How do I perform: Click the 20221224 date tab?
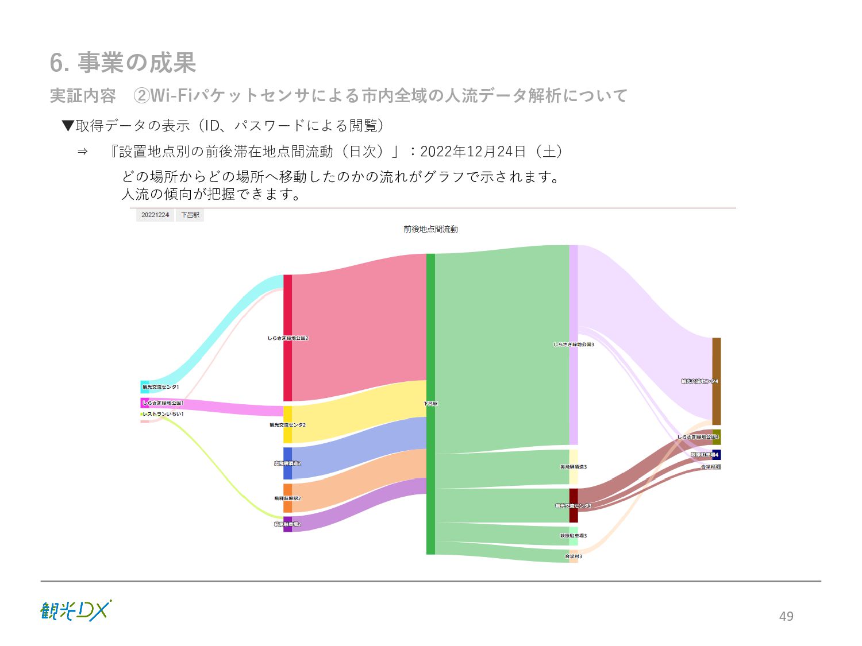[x=155, y=215]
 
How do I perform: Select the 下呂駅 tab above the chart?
[x=190, y=215]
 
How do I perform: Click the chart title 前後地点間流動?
[x=430, y=229]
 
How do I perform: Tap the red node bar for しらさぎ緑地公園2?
[x=287, y=338]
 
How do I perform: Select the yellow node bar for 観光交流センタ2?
[x=287, y=424]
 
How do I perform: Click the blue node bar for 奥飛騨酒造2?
[x=287, y=463]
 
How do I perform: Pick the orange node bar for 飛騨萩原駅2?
[x=287, y=498]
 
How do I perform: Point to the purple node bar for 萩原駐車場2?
[x=287, y=524]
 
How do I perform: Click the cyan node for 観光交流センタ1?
[x=145, y=386]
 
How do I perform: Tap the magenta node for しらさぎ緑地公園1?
[x=145, y=403]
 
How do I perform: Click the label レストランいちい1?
[x=163, y=414]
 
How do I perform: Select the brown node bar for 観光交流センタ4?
[x=716, y=381]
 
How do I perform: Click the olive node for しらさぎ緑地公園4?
[x=716, y=437]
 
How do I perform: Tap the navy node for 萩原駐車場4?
[x=716, y=454]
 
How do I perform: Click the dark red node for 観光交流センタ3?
[x=574, y=505]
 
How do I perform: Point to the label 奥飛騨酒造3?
[x=573, y=467]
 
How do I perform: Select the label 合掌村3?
[x=573, y=556]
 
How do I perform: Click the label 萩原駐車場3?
[x=573, y=536]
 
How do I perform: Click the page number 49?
[x=786, y=616]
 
